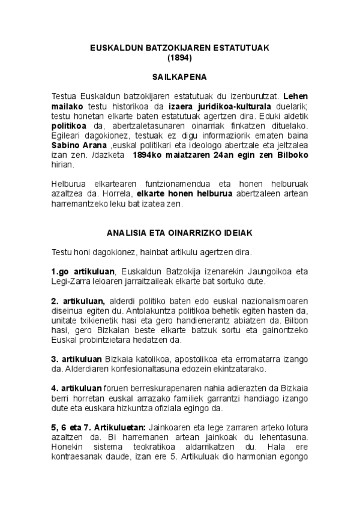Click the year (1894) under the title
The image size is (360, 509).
[x=180, y=58]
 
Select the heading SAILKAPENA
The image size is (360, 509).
[x=180, y=77]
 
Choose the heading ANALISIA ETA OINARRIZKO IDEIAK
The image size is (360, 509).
[x=180, y=231]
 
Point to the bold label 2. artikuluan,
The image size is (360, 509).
[x=78, y=300]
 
